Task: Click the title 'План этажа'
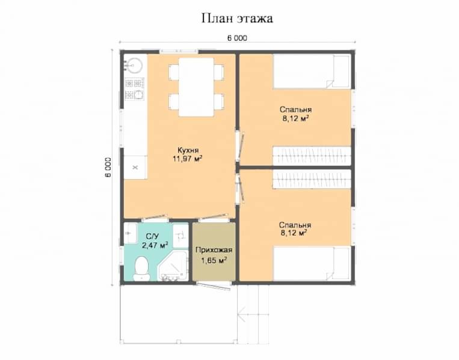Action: point(237,19)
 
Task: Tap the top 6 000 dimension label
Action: point(237,38)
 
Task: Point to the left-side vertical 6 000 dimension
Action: point(108,168)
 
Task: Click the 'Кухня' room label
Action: point(188,150)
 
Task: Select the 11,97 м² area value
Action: point(188,159)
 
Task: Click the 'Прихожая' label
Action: point(214,251)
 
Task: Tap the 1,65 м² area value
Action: point(214,260)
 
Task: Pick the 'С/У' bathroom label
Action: point(152,236)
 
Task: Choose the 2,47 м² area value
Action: point(155,245)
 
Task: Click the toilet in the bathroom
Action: point(142,269)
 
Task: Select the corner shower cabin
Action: point(173,266)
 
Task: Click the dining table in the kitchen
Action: point(197,87)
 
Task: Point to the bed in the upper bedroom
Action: point(312,72)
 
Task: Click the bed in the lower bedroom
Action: point(312,264)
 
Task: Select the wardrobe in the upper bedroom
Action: point(312,156)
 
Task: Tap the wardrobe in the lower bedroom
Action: point(312,179)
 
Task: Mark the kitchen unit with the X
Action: point(135,167)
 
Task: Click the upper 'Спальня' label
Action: point(295,109)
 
